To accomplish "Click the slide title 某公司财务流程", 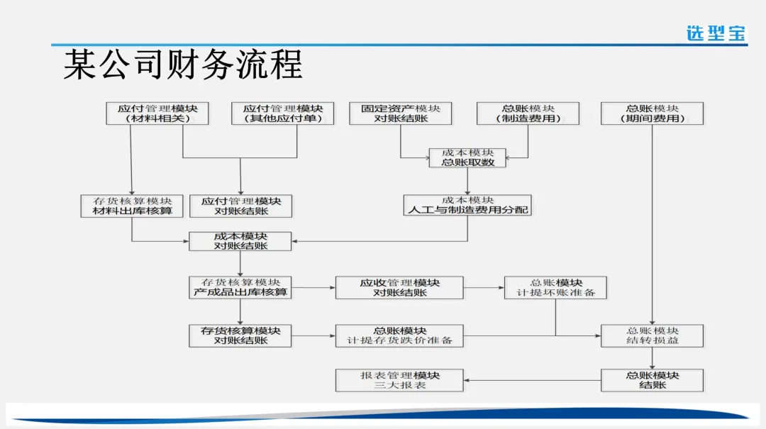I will (x=183, y=65).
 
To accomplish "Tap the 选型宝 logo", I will (x=716, y=33).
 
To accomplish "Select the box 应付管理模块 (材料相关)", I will (x=157, y=113).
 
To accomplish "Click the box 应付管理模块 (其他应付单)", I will (x=282, y=113).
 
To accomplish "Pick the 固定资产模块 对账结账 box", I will (x=401, y=113).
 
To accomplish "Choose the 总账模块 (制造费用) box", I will (x=528, y=113).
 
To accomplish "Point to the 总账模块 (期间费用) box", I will (x=652, y=113).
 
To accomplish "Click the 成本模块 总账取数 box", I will (x=467, y=157).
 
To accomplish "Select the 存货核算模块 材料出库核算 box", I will (x=132, y=206).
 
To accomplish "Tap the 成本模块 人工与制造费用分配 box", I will (x=467, y=206).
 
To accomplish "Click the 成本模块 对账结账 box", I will (x=240, y=241).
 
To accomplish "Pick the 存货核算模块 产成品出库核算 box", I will (x=240, y=287).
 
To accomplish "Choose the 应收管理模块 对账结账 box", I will (x=399, y=287).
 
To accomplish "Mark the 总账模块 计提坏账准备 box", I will (x=555, y=287).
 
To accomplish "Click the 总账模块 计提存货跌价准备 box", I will (x=399, y=335).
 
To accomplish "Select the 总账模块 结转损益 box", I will (x=652, y=335).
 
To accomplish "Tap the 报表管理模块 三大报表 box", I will (x=399, y=380).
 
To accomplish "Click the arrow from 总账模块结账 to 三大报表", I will (x=532, y=380).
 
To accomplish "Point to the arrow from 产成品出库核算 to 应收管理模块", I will (x=313, y=287).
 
